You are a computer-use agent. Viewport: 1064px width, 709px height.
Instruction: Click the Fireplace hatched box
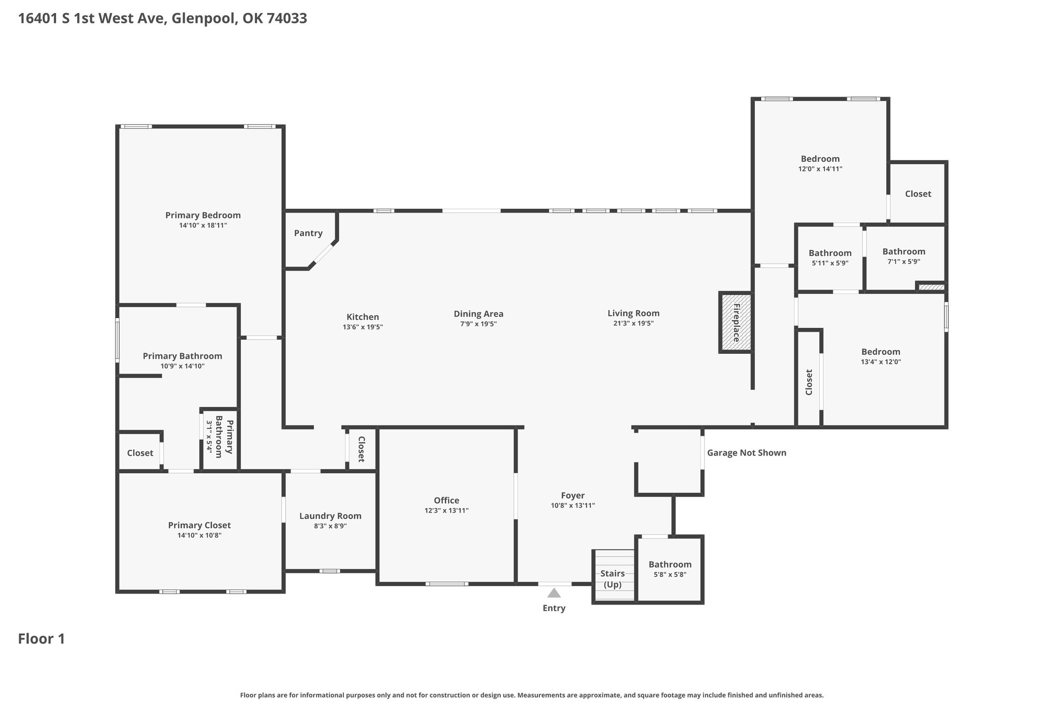(x=736, y=323)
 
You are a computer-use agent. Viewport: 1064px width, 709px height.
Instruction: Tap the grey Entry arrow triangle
(x=554, y=593)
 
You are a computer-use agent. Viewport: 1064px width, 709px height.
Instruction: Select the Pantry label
(x=308, y=233)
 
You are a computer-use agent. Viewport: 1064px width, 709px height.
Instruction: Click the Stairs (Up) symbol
(x=614, y=576)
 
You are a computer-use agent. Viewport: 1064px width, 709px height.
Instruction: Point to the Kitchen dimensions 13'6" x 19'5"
(x=363, y=327)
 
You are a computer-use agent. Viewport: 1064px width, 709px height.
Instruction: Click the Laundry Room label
(x=330, y=516)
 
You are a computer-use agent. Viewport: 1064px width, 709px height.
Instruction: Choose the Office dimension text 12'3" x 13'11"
(x=447, y=511)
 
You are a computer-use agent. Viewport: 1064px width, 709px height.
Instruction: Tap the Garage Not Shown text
(x=747, y=453)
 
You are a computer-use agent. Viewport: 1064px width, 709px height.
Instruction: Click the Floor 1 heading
(x=42, y=639)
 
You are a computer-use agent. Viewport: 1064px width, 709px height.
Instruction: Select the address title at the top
(x=163, y=19)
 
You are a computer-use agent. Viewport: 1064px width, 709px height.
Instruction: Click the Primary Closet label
(x=199, y=526)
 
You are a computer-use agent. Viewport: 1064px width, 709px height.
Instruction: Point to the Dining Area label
(x=478, y=314)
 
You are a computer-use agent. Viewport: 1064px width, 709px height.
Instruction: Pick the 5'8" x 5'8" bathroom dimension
(x=670, y=574)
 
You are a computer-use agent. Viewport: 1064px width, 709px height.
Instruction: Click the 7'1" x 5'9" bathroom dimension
(x=904, y=262)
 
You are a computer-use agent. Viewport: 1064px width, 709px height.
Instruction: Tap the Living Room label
(x=633, y=313)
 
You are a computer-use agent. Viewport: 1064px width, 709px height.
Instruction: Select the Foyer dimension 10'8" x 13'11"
(x=573, y=505)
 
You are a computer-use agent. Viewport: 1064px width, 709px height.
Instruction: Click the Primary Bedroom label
(x=203, y=215)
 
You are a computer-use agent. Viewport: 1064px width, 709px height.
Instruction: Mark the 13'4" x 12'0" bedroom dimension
(x=881, y=362)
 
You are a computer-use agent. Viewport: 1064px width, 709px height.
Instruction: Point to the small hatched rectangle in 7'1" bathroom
(x=931, y=287)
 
